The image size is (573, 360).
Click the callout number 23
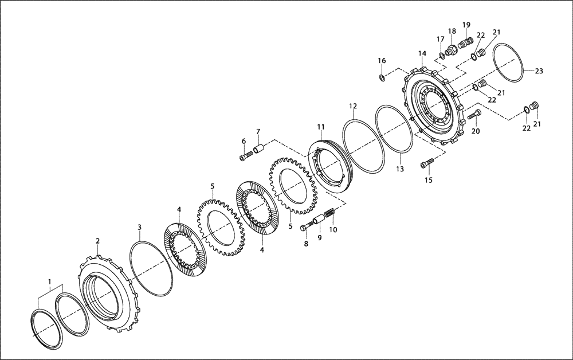click(x=539, y=72)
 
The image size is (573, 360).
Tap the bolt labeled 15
click(x=425, y=165)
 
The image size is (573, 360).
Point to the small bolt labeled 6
click(x=245, y=156)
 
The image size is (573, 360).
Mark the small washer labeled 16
click(x=382, y=76)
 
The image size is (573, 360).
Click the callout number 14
click(x=422, y=53)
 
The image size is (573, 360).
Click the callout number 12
click(x=353, y=106)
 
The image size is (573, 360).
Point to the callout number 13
click(x=399, y=169)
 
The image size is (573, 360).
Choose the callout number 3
click(x=139, y=228)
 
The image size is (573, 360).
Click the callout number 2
click(x=97, y=241)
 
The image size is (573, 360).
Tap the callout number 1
click(x=49, y=282)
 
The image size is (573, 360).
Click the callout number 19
click(x=466, y=25)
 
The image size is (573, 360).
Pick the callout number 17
click(x=441, y=39)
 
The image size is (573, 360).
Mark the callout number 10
click(x=333, y=230)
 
